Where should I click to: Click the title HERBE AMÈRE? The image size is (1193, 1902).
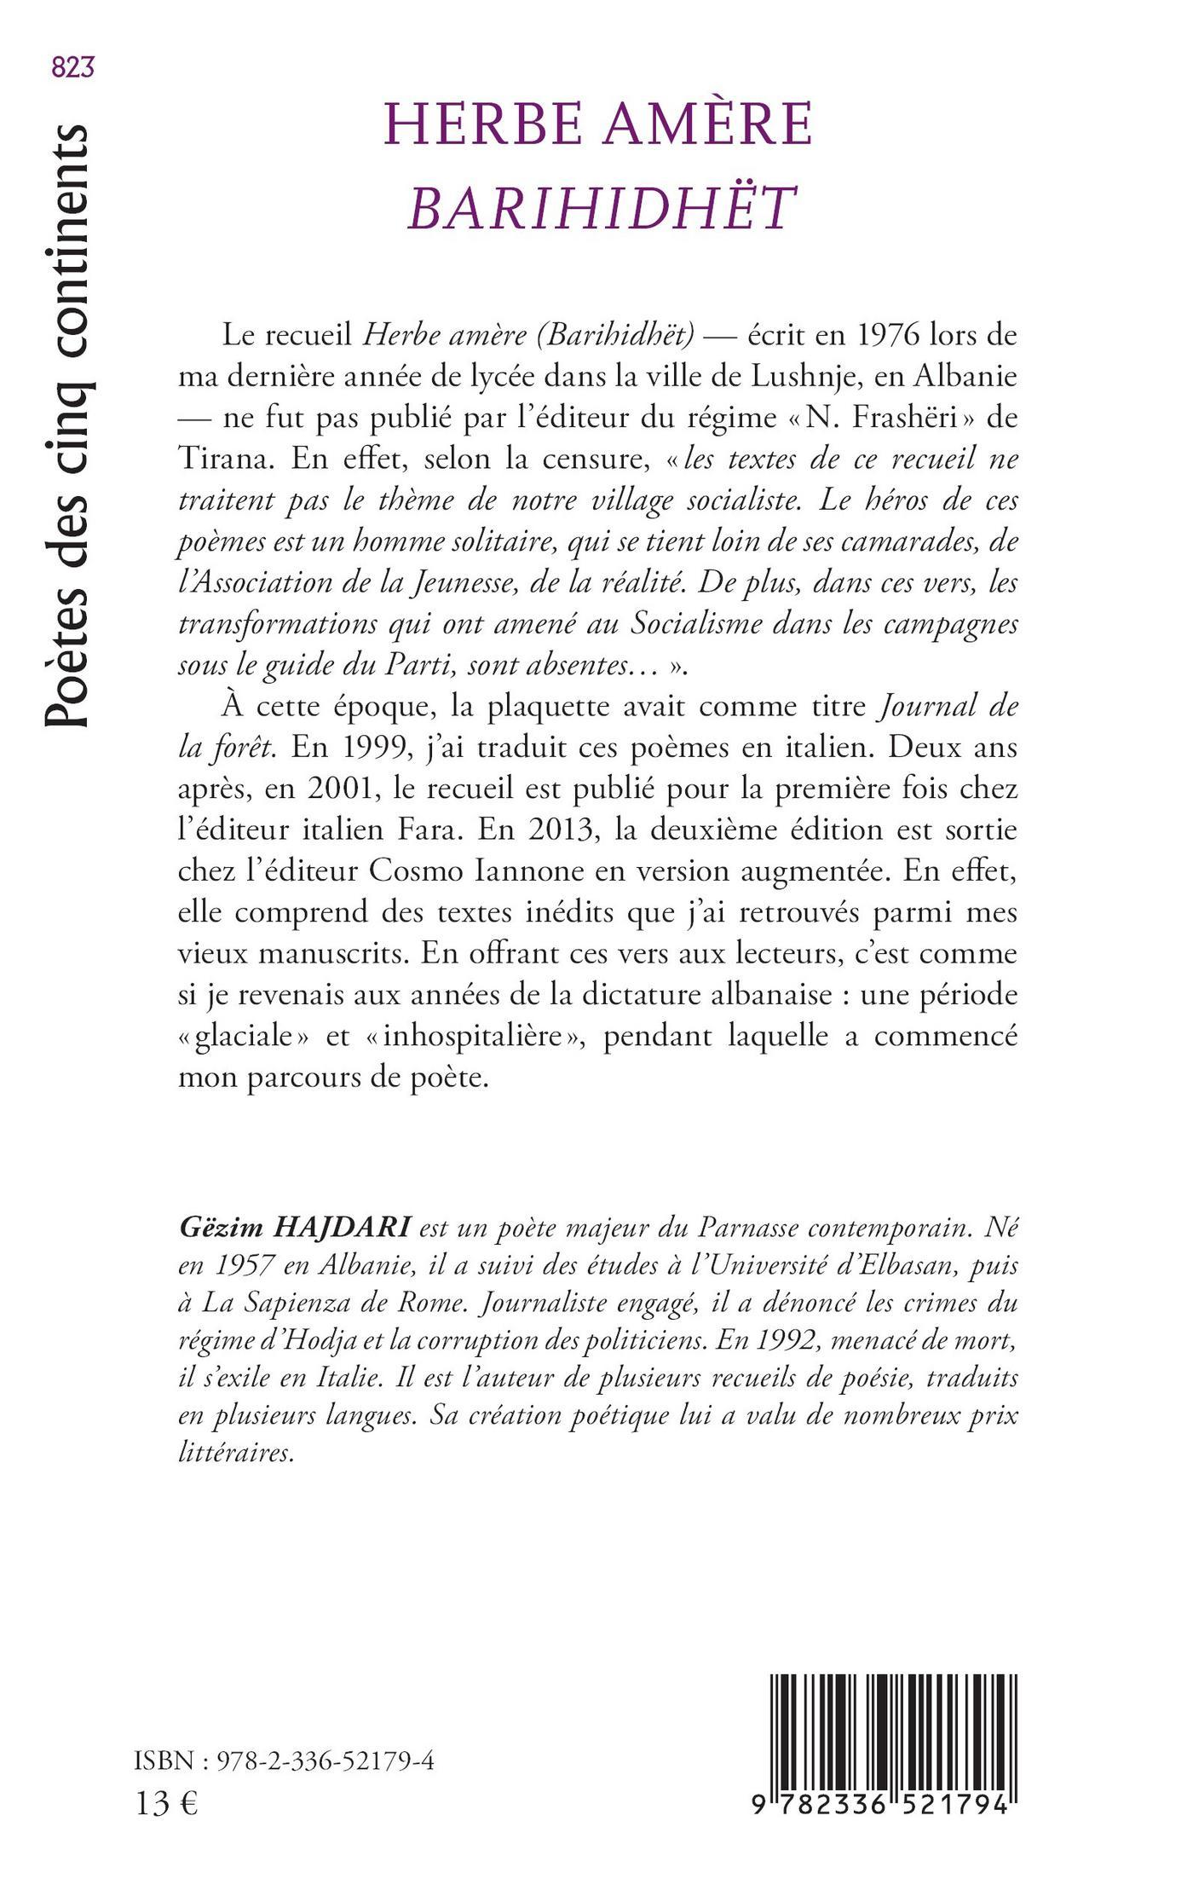[599, 125]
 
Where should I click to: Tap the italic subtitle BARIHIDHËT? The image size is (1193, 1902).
[601, 207]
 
